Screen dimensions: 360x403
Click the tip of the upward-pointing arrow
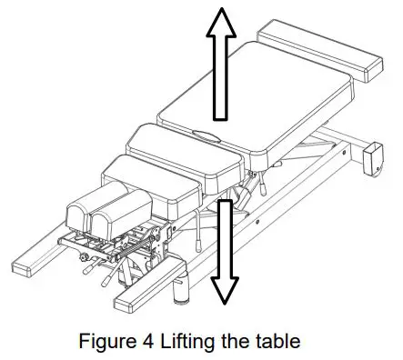(219, 7)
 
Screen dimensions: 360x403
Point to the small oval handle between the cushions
(208, 137)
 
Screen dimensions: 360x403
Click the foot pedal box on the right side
(373, 161)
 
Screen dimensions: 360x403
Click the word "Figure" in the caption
(103, 342)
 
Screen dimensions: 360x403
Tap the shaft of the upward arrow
(219, 77)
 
